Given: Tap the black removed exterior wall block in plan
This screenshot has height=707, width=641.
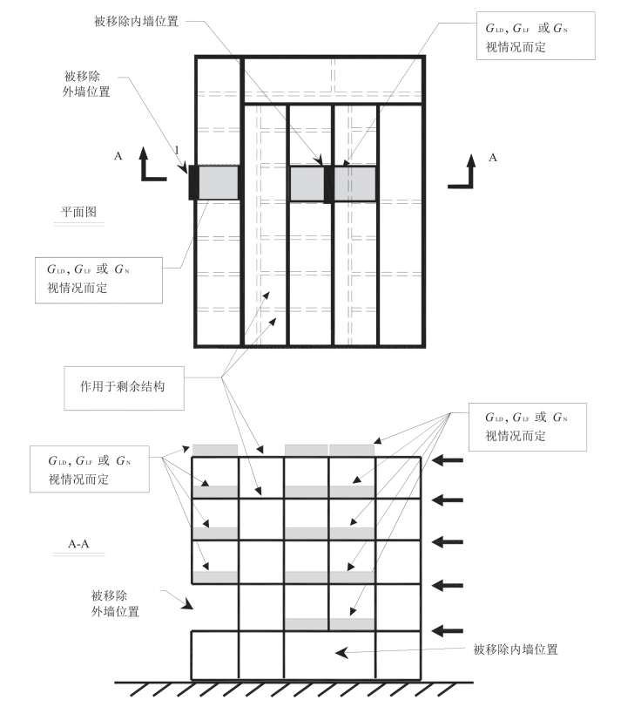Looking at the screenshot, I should (193, 183).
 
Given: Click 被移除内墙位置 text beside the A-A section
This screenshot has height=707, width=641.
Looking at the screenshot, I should (515, 649).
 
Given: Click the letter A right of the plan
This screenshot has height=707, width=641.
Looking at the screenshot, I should (493, 158).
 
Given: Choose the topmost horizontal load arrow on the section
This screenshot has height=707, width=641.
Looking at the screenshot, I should (449, 459).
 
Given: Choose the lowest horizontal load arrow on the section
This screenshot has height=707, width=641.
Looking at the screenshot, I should (449, 629).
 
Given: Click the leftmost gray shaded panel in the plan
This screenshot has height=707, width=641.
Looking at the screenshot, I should (219, 183).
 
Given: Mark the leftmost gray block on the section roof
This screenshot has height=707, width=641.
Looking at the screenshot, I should (214, 450).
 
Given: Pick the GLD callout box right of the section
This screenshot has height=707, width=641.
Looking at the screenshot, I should (527, 426).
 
